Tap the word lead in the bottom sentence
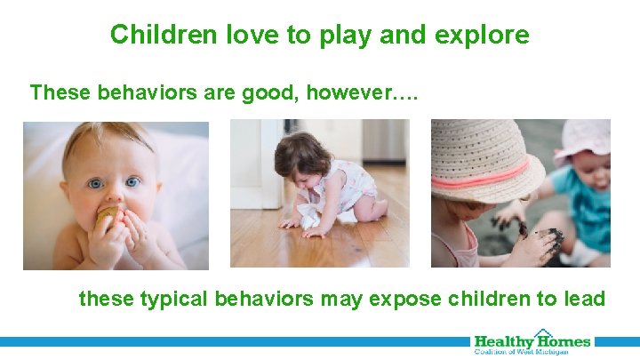point(582,298)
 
